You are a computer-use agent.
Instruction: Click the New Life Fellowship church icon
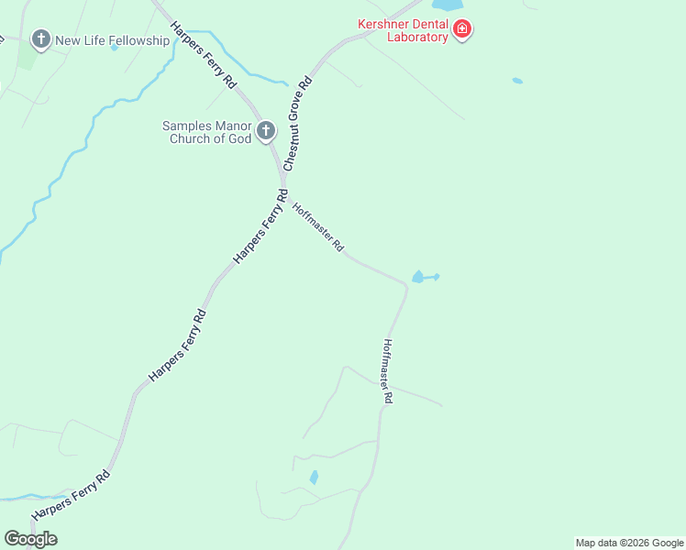pos(40,39)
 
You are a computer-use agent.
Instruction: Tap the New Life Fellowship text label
pos(113,40)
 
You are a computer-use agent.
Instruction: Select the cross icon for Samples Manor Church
pos(266,131)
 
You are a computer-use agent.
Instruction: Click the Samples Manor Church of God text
pos(206,132)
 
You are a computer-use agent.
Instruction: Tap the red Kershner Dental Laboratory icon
pos(463,31)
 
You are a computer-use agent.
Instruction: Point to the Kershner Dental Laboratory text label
pos(404,31)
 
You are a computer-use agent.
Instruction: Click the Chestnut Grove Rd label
pos(298,125)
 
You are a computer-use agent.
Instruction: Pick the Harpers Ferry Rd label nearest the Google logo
pos(71,496)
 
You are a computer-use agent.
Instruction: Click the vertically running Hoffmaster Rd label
pos(387,372)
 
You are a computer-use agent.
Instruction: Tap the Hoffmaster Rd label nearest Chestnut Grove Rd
pos(318,227)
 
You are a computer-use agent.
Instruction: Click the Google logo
pos(31,539)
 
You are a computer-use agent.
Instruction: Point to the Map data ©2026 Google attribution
pos(629,543)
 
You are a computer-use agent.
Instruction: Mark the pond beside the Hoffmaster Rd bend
pos(421,277)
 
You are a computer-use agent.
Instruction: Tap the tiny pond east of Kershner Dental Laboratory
pos(517,81)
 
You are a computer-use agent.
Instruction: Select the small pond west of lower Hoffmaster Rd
pos(314,478)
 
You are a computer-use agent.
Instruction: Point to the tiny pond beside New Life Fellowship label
pos(115,48)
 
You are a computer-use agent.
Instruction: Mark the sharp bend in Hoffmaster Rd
pos(404,286)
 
